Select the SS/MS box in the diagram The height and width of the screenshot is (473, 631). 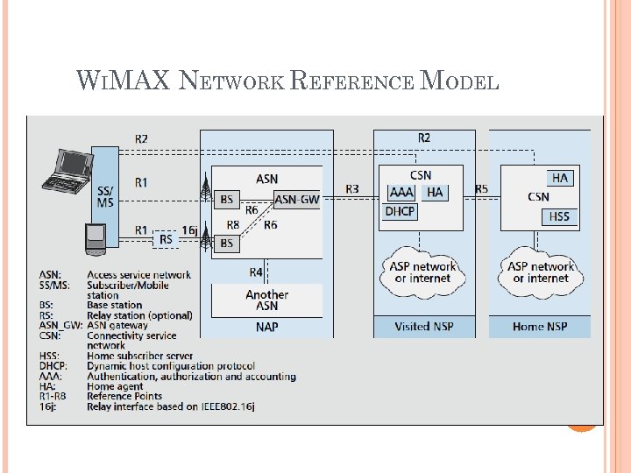104,196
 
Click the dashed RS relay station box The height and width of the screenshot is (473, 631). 165,238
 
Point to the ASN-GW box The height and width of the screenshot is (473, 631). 297,200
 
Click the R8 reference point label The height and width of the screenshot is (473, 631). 232,225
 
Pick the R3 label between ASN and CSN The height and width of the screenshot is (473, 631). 352,189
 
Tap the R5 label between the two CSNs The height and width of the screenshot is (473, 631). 481,189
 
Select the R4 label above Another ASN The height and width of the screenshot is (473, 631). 256,272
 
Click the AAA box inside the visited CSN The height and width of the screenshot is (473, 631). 401,193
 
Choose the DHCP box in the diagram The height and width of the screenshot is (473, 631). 400,212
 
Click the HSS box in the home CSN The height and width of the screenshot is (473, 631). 559,216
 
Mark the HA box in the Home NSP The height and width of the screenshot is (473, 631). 560,178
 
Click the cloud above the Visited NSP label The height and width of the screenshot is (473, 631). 424,272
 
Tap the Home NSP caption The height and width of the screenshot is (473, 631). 540,327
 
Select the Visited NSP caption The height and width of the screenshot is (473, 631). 424,327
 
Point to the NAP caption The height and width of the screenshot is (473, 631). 266,326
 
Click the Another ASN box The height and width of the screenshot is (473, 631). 266,300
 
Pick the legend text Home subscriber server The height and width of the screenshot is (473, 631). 139,357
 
